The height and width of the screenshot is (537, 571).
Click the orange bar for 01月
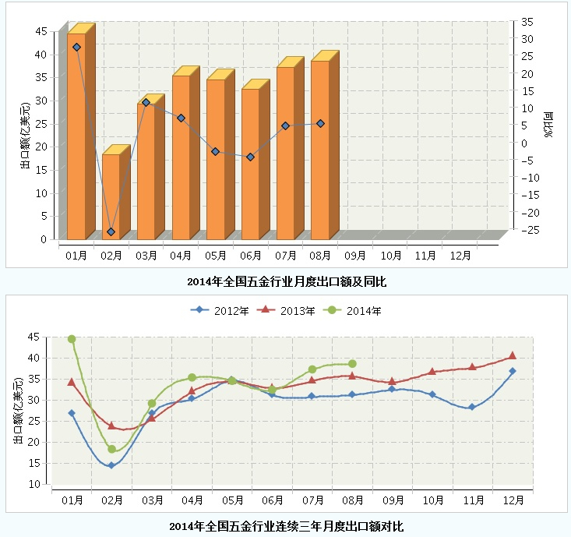(76, 136)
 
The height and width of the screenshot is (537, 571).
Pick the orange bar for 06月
(250, 164)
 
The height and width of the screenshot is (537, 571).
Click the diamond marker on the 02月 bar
(111, 231)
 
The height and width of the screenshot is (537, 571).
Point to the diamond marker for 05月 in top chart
(215, 151)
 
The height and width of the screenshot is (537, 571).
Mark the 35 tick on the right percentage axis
(527, 22)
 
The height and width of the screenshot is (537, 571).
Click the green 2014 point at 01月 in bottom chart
(72, 339)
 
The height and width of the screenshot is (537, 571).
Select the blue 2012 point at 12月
(512, 371)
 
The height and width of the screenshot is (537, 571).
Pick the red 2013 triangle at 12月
(512, 355)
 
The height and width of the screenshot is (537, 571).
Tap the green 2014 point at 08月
(352, 364)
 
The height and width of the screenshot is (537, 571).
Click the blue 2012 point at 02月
(111, 465)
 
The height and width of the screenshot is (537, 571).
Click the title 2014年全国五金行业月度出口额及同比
(287, 281)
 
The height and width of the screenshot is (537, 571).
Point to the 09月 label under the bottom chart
(392, 500)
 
